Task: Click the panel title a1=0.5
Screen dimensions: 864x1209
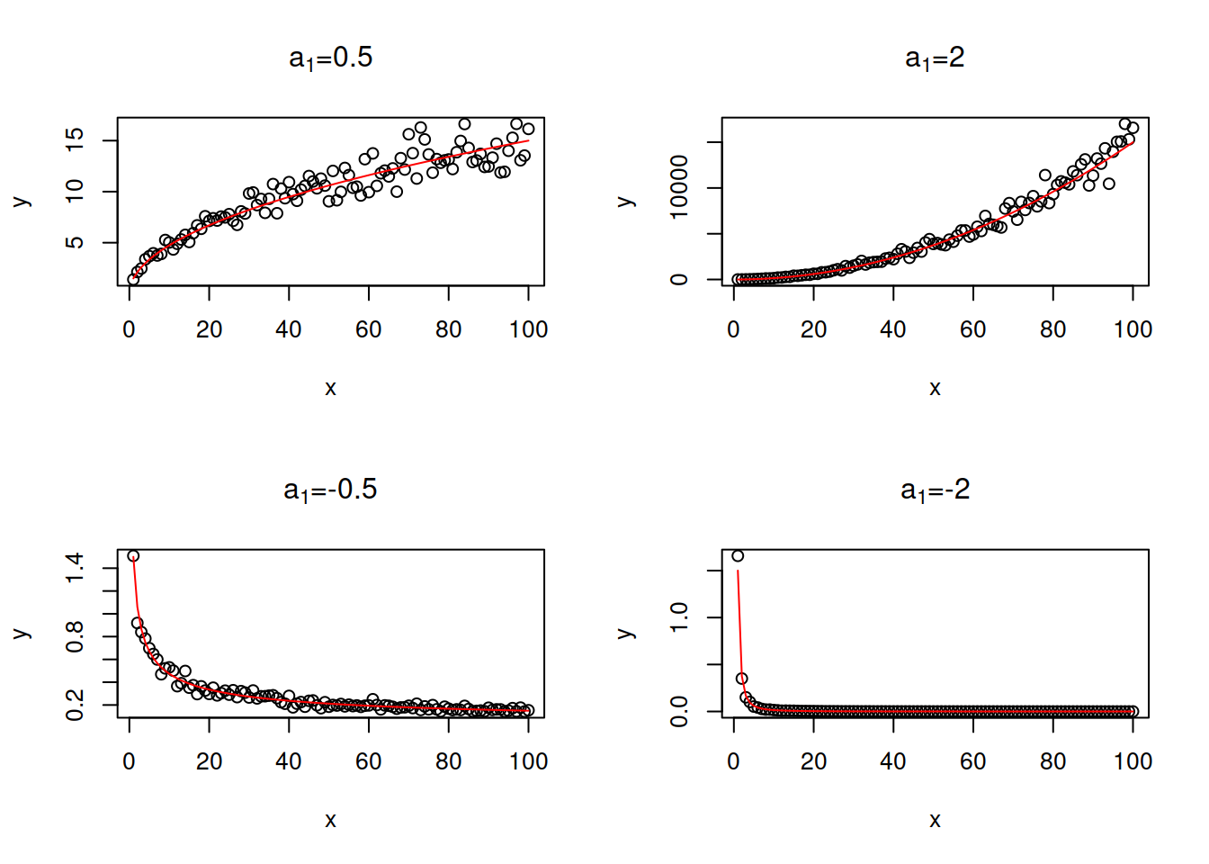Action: (330, 58)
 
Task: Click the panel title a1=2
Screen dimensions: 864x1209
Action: (935, 58)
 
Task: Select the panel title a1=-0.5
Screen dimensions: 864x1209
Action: (330, 490)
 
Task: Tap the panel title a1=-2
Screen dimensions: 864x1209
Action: (935, 490)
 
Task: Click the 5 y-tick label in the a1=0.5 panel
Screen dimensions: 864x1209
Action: (75, 242)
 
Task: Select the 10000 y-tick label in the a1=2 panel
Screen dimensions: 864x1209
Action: (679, 187)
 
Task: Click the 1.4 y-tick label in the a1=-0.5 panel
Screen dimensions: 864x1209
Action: (75, 568)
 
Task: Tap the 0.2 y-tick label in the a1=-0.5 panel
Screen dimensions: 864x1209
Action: (75, 705)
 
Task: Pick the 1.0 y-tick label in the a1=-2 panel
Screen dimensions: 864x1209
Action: (679, 617)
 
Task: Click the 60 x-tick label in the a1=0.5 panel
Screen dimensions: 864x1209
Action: (369, 330)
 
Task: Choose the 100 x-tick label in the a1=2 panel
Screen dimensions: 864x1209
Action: (1133, 330)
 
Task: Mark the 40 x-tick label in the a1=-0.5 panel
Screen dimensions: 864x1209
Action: (289, 762)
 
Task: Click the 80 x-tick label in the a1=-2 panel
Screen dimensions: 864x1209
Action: (1052, 762)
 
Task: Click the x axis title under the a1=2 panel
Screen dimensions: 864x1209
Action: (935, 388)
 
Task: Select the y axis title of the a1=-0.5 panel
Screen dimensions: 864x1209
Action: (21, 634)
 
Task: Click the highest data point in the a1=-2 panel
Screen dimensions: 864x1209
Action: (738, 556)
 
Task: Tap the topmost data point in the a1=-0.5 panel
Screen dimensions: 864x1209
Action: (133, 556)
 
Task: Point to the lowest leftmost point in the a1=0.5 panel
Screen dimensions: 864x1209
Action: (133, 280)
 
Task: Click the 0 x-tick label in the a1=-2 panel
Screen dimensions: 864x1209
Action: (734, 762)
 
